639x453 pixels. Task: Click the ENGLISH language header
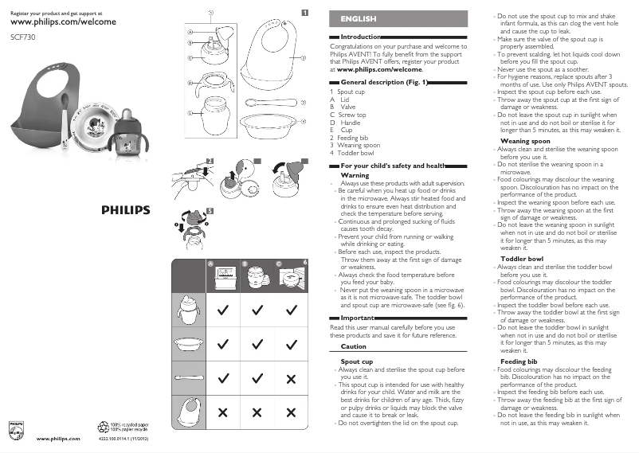click(x=359, y=18)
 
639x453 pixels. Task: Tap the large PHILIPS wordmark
click(x=125, y=210)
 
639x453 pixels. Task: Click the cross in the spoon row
click(x=292, y=377)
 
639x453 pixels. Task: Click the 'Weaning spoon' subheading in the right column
click(x=524, y=141)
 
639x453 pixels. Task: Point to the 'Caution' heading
click(x=353, y=346)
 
